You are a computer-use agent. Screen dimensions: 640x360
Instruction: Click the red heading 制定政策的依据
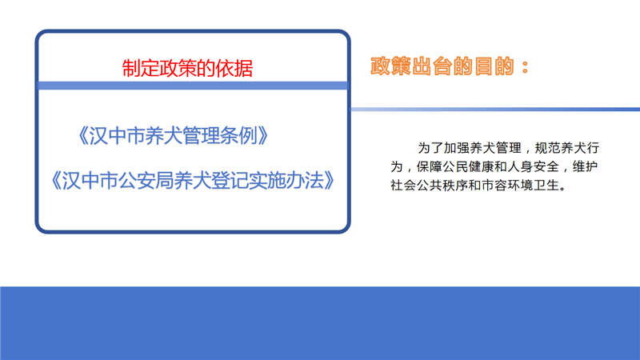[x=187, y=68]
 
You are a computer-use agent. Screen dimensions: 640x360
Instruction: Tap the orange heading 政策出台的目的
[x=442, y=66]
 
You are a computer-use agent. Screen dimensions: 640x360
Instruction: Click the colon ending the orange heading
[x=526, y=67]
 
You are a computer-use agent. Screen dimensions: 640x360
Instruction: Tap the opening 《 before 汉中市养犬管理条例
[x=83, y=135]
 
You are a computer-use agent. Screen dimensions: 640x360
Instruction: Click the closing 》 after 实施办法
[x=330, y=181]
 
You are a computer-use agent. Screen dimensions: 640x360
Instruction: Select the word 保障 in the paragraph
[x=430, y=166]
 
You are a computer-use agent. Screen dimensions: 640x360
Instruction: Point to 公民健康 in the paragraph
[x=469, y=166]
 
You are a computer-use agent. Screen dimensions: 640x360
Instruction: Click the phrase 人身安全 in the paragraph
[x=534, y=166]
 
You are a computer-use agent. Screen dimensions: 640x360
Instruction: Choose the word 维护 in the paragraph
[x=586, y=166]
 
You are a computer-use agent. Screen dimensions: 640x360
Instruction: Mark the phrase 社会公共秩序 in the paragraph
[x=430, y=186]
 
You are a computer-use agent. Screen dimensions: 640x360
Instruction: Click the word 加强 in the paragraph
[x=455, y=148]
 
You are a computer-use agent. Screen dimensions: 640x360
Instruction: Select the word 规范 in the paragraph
[x=546, y=148]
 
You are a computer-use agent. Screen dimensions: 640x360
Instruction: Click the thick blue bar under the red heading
[x=193, y=86]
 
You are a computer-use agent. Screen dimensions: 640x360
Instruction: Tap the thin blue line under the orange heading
[x=495, y=110]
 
